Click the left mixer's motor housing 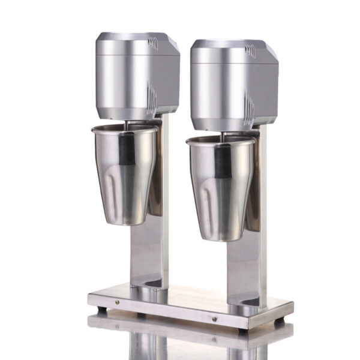tap(129, 75)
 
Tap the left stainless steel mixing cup tap(124, 174)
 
